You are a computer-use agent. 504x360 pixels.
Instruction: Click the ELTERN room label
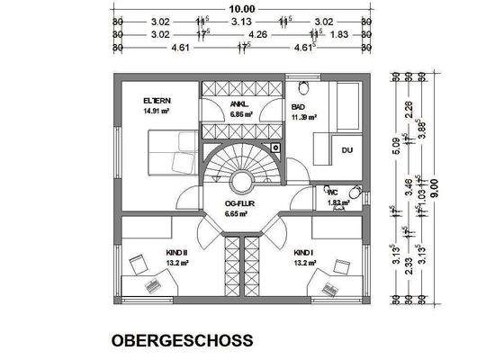[x=157, y=101]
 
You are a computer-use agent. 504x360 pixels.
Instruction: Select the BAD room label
[x=298, y=106]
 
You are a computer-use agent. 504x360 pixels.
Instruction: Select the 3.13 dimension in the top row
[x=240, y=21]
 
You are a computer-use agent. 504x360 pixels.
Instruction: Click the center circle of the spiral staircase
[x=242, y=180]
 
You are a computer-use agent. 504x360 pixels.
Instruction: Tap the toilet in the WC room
[x=355, y=193]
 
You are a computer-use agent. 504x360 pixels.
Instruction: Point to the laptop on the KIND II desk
[x=151, y=282]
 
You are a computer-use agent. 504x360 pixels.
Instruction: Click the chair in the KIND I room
[x=341, y=266]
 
